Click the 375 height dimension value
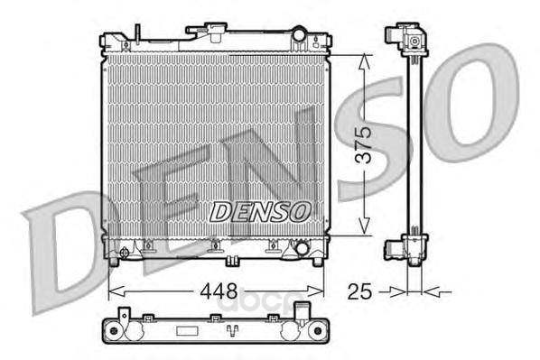pos(364,144)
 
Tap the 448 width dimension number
pos(219,291)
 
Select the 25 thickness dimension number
pos(360,291)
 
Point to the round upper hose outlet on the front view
pos(299,34)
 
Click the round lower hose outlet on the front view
pos(302,248)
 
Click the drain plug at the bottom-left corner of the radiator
pos(124,253)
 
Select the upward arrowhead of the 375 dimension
pos(364,62)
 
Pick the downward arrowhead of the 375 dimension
pos(364,227)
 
